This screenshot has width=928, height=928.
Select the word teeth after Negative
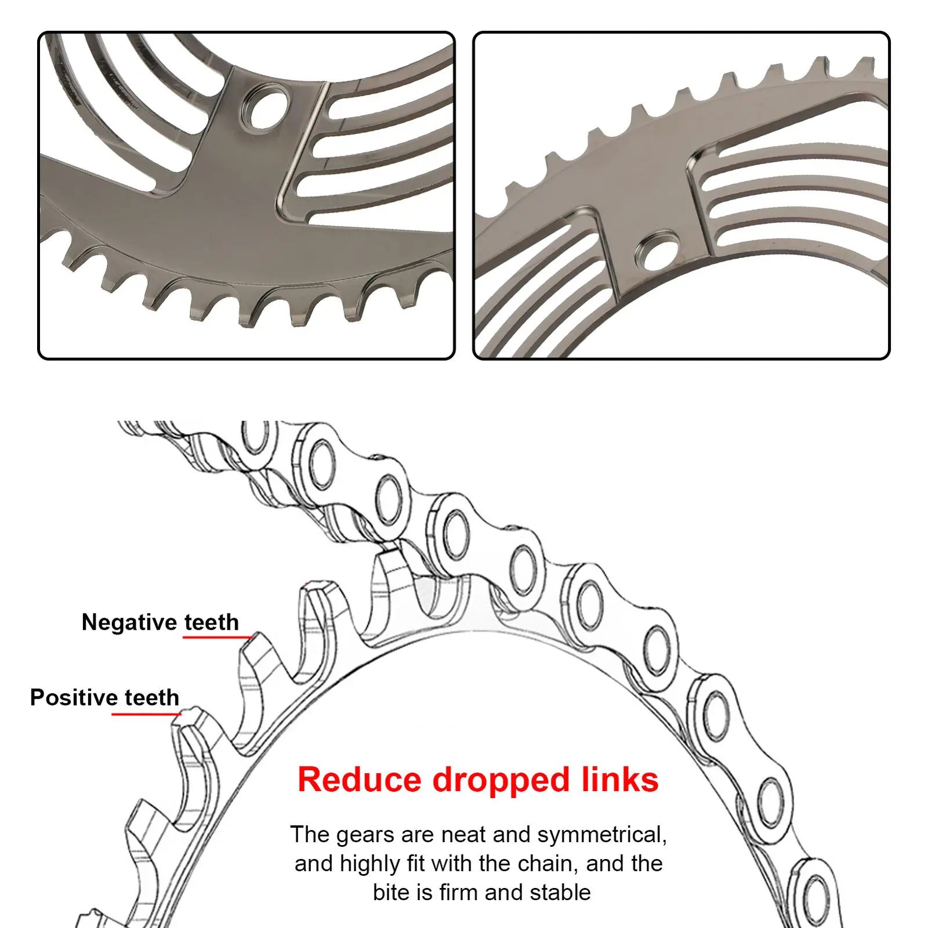(x=212, y=622)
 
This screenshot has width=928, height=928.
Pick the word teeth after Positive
(x=152, y=697)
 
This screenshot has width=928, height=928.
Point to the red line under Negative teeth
(x=217, y=637)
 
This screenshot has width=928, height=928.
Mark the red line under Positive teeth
(x=145, y=713)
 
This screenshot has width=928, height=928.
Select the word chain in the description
(x=548, y=864)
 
